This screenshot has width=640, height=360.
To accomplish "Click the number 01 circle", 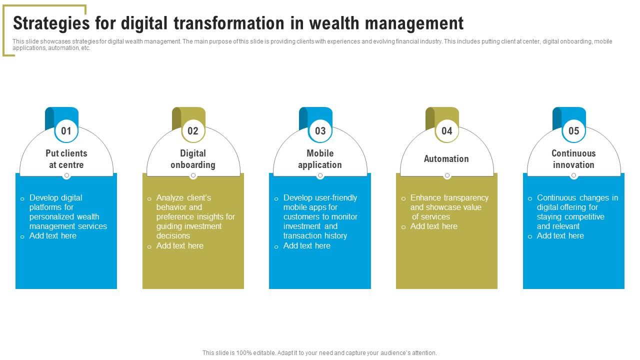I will pyautogui.click(x=66, y=131).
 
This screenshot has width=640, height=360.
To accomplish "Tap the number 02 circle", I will pyautogui.click(x=193, y=131).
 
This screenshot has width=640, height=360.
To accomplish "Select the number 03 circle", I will pyautogui.click(x=320, y=131).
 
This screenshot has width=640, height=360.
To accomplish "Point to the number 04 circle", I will pyautogui.click(x=446, y=131).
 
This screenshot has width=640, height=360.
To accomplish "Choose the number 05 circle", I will pyautogui.click(x=573, y=131).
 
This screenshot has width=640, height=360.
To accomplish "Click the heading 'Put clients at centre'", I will pyautogui.click(x=66, y=159).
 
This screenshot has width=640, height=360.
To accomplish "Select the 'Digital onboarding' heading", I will pyautogui.click(x=193, y=159).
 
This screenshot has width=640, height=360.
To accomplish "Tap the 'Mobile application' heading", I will pyautogui.click(x=320, y=159).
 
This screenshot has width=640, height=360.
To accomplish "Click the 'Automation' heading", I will pyautogui.click(x=446, y=159).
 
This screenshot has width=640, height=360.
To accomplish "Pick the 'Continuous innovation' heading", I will pyautogui.click(x=573, y=159).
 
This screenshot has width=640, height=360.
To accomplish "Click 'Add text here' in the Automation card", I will pyautogui.click(x=433, y=226).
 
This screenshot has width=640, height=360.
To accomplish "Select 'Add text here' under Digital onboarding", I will pyautogui.click(x=179, y=246).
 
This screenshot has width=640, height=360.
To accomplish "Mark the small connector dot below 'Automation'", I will pyautogui.click(x=447, y=175).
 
